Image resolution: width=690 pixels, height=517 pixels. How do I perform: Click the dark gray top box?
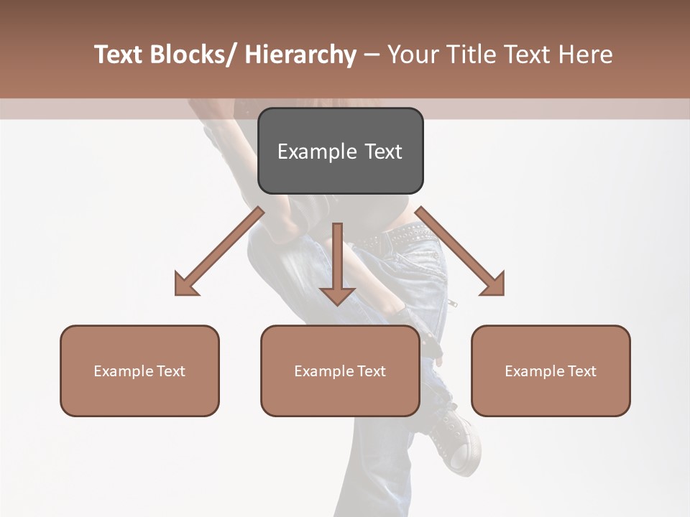(x=340, y=151)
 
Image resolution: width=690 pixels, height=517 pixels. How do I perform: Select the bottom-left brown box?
(x=139, y=371)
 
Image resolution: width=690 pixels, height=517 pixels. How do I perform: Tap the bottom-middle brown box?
(x=340, y=371)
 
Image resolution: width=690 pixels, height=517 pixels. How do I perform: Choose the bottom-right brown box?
(x=551, y=371)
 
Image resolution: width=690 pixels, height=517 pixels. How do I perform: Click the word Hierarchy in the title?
(x=300, y=55)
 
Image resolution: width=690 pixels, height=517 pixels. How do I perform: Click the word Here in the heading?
(x=586, y=55)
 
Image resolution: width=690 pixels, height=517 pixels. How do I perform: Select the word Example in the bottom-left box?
(x=124, y=371)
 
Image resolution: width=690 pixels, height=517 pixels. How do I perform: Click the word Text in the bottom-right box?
(x=581, y=371)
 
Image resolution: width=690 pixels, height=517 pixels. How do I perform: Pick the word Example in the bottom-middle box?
(x=324, y=371)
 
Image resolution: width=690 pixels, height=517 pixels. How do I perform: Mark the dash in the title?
(x=372, y=55)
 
